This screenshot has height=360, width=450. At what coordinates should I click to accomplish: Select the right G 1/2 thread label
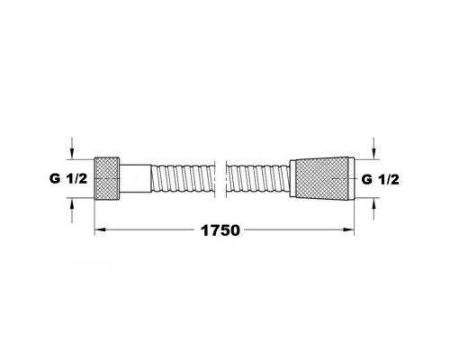click(x=380, y=179)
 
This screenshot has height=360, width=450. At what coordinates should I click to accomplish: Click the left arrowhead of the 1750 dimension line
click(x=100, y=231)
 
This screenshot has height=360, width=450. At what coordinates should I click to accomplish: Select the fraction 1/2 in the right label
click(x=388, y=179)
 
